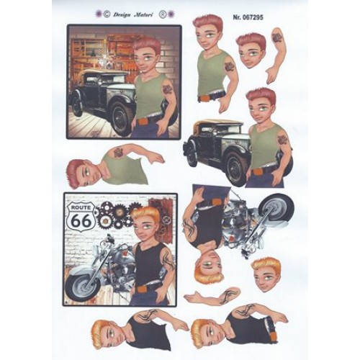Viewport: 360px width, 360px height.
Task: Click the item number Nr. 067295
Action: pyautogui.click(x=248, y=17)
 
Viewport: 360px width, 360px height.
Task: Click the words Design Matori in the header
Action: pyautogui.click(x=132, y=15)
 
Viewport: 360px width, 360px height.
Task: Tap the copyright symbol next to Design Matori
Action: pyautogui.click(x=107, y=14)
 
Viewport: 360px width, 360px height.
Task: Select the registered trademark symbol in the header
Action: pyautogui.click(x=163, y=14)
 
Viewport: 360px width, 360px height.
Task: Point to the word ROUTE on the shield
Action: pyautogui.click(x=81, y=207)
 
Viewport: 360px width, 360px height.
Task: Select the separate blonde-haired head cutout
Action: pyautogui.click(x=266, y=274)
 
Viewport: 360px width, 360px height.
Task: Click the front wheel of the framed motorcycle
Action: pyautogui.click(x=84, y=287)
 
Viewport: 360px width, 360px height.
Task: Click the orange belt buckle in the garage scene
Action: pyautogui.click(x=143, y=122)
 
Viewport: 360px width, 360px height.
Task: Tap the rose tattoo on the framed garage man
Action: pyautogui.click(x=167, y=89)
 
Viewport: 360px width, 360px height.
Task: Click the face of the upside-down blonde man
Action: pyautogui.click(x=210, y=264)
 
